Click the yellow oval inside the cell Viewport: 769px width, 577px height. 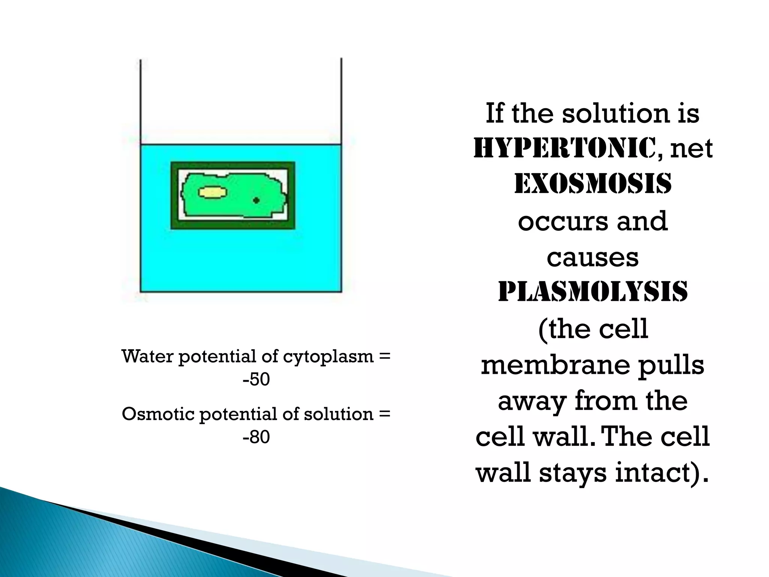pos(213,193)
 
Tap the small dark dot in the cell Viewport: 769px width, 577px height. pos(256,201)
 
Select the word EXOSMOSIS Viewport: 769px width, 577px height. pos(593,184)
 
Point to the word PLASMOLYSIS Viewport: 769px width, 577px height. pos(593,292)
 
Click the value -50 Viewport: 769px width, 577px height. pos(256,379)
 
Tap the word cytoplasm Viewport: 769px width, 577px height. pos(328,357)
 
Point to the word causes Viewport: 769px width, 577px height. pos(593,258)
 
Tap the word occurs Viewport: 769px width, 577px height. pos(561,222)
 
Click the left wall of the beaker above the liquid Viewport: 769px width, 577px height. pos(140,101)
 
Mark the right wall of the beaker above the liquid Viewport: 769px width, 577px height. pos(341,101)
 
